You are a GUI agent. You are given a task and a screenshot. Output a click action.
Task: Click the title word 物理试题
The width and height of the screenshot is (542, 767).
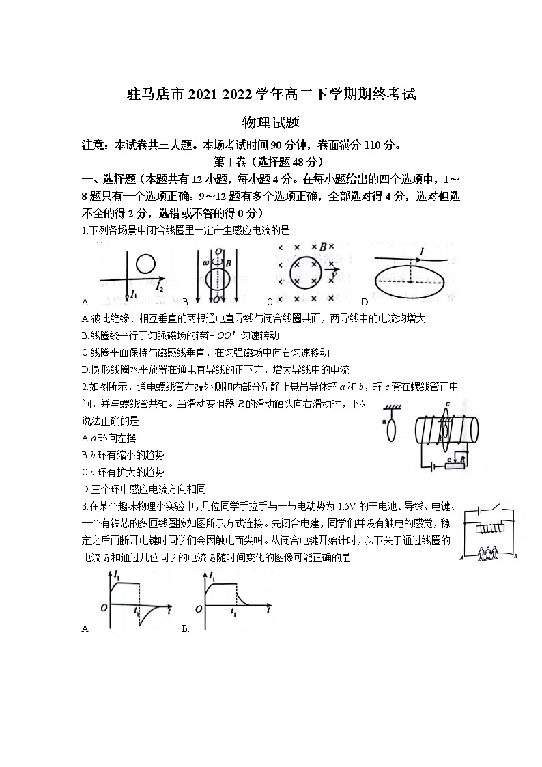coord(271,122)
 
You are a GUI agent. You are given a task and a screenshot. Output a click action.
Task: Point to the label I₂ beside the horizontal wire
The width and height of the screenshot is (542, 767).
coord(158,288)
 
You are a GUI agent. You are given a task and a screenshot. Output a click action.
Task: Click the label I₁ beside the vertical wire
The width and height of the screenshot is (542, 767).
coord(134,295)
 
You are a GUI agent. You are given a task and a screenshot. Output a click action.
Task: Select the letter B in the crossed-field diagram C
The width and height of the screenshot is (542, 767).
coord(323,247)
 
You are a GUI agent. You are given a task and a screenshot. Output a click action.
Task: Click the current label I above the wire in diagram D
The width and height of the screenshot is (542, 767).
coord(422,253)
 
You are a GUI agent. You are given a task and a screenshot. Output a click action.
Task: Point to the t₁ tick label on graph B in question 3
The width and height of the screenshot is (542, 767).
coord(233,613)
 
